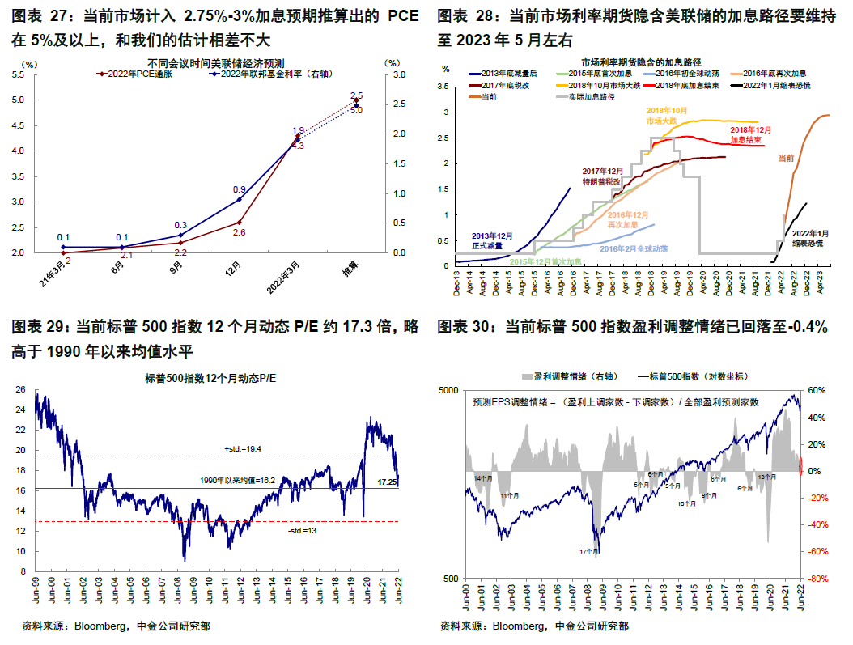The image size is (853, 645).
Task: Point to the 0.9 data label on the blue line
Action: (240, 189)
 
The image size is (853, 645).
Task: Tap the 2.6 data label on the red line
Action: (240, 232)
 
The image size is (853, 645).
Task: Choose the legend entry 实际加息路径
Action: (588, 96)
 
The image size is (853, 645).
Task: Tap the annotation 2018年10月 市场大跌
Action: (666, 115)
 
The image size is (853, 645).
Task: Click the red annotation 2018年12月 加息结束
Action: (751, 134)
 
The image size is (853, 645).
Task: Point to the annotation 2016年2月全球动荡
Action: (634, 248)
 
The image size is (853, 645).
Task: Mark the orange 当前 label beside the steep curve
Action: (785, 159)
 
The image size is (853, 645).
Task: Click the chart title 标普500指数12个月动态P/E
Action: (210, 378)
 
